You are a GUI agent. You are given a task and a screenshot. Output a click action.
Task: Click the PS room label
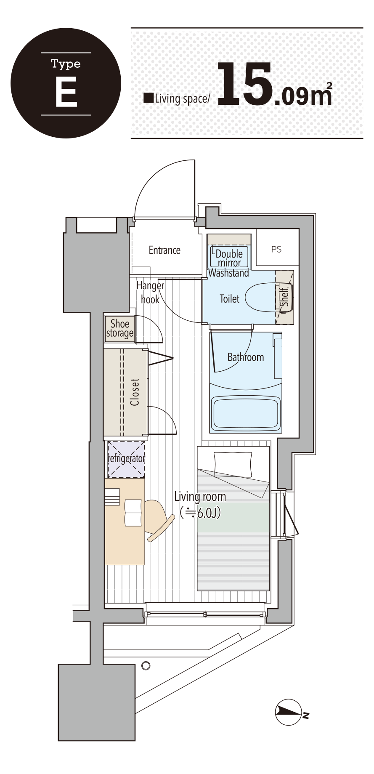pyautogui.click(x=276, y=250)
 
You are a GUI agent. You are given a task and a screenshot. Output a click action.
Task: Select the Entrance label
pyautogui.click(x=164, y=250)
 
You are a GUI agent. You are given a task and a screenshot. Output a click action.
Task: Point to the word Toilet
pyautogui.click(x=229, y=299)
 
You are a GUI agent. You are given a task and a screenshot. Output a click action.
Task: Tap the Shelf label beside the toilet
pyautogui.click(x=285, y=297)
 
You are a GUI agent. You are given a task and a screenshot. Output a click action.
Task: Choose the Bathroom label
pyautogui.click(x=246, y=357)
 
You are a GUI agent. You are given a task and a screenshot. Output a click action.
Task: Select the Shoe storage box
pyautogui.click(x=119, y=328)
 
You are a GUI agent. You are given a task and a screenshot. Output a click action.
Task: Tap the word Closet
pyautogui.click(x=135, y=392)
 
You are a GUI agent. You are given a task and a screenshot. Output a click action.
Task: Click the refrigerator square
pyautogui.click(x=126, y=459)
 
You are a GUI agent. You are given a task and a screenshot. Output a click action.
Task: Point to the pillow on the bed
pyautogui.click(x=233, y=464)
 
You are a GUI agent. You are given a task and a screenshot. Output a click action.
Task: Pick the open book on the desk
pyautogui.click(x=133, y=513)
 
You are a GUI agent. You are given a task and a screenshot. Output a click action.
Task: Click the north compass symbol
pyautogui.click(x=289, y=712)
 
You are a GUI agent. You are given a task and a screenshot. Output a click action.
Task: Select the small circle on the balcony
pyautogui.click(x=146, y=666)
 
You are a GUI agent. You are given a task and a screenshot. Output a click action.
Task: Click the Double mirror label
pyautogui.click(x=229, y=258)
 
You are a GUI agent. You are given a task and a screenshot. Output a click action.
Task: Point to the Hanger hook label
pyautogui.click(x=150, y=293)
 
